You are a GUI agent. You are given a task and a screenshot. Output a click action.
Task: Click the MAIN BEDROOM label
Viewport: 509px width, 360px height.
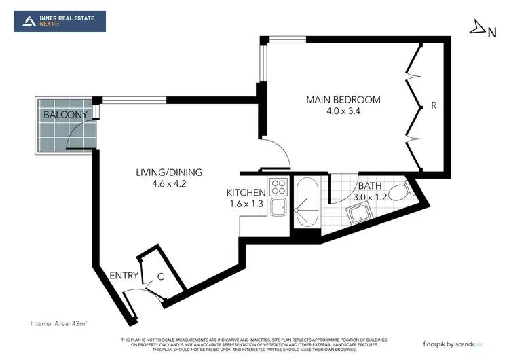tap(343, 100)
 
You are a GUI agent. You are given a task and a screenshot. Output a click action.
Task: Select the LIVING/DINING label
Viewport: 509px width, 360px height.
tap(169, 172)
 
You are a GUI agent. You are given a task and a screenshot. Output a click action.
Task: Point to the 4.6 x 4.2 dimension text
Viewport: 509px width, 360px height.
tap(169, 183)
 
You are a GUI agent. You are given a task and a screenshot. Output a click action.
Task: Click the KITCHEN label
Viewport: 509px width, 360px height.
tap(246, 193)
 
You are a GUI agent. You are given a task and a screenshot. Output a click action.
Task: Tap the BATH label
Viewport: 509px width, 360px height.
tap(370, 185)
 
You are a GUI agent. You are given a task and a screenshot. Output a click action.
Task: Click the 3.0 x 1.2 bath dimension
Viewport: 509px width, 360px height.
tap(370, 197)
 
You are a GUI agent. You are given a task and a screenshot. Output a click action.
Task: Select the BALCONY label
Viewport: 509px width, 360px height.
tap(65, 115)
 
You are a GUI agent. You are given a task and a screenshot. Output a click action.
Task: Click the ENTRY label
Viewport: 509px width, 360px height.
tap(124, 276)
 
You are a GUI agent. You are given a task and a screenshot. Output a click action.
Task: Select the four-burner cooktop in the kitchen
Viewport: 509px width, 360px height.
tap(278, 186)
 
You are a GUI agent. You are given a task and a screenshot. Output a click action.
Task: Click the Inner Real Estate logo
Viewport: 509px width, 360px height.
tap(60, 21)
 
